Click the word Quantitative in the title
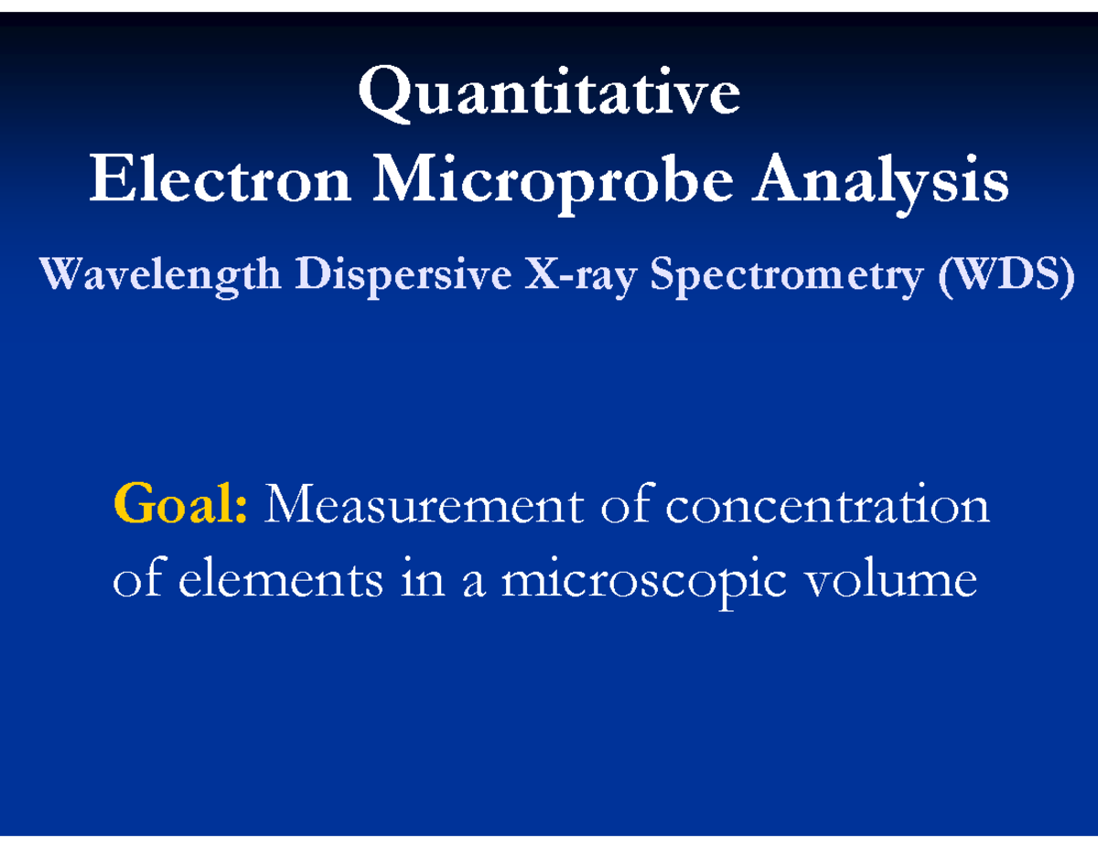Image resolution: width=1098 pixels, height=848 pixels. [549, 96]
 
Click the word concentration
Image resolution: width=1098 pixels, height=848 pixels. [828, 505]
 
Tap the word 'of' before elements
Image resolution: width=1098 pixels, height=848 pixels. [132, 580]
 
